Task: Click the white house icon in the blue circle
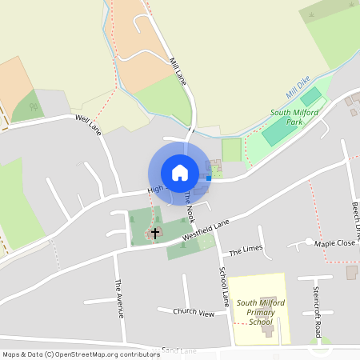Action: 179,172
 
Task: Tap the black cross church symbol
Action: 155,233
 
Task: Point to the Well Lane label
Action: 88,126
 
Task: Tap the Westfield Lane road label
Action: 206,230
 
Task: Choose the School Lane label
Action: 225,286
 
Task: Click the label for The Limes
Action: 246,250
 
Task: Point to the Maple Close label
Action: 334,242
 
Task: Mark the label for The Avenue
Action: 119,298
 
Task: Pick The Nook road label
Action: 190,206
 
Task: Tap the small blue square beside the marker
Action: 209,178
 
